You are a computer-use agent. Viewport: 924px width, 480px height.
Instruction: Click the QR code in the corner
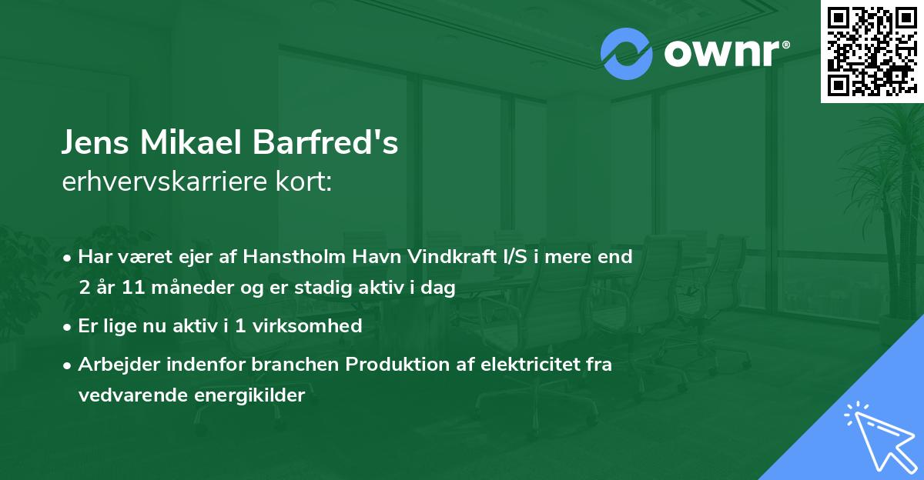[872, 51]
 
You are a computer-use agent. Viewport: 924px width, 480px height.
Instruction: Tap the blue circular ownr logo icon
[626, 53]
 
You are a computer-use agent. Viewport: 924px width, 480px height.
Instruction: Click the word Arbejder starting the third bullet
[115, 365]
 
